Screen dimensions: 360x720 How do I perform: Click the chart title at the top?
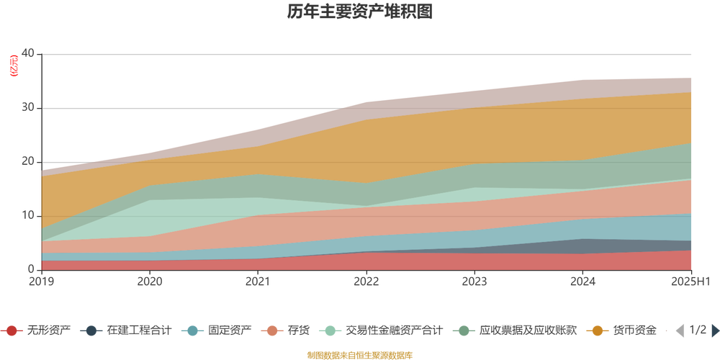point(360,12)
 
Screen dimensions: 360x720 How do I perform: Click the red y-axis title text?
point(12,65)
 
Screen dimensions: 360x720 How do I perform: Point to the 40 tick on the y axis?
point(29,53)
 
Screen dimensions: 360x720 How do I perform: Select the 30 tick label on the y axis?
point(29,107)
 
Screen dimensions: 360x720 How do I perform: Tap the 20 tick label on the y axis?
point(29,161)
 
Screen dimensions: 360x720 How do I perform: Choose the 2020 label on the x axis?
point(149,280)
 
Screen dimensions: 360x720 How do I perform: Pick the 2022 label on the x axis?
point(366,280)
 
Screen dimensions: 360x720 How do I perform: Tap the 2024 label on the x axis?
point(583,280)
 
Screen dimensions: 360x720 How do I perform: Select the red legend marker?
point(12,330)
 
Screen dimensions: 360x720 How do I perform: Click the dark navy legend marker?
point(91,330)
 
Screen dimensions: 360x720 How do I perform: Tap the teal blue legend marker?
point(192,330)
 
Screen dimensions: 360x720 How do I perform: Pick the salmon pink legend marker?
point(271,330)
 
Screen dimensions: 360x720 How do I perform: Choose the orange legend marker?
point(597,330)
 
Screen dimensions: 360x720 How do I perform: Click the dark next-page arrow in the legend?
point(714,330)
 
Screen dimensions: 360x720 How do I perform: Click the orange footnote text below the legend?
point(360,354)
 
